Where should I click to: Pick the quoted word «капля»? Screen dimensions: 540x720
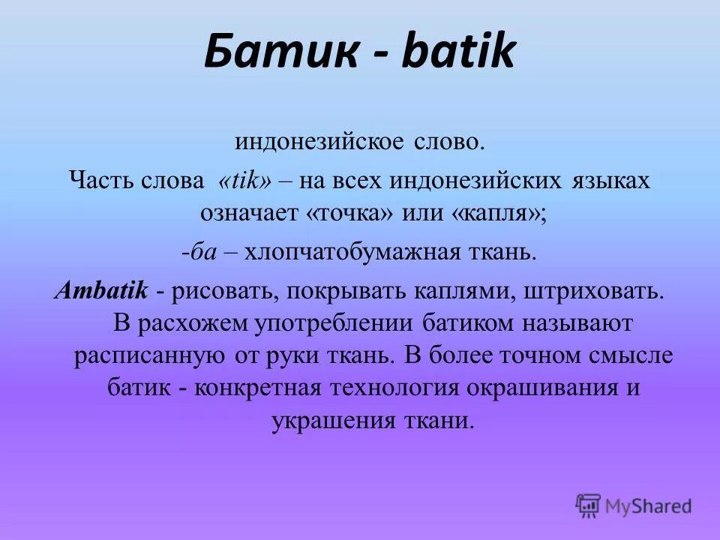[x=496, y=214]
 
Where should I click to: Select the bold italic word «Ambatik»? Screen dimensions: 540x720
[x=100, y=290]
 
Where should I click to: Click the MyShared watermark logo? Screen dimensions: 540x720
[x=634, y=506]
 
